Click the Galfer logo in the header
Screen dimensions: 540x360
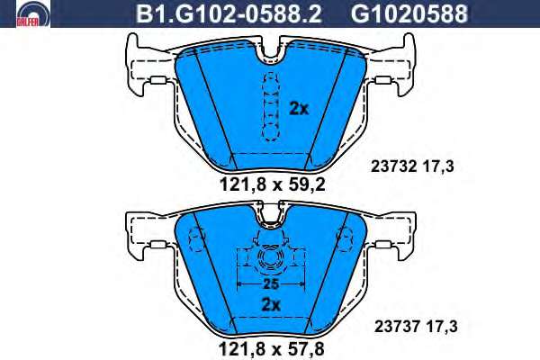pyautogui.click(x=33, y=13)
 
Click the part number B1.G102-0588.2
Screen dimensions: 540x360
pyautogui.click(x=229, y=13)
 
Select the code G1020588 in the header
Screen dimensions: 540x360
pyautogui.click(x=409, y=13)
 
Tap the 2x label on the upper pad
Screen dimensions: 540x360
pyautogui.click(x=299, y=109)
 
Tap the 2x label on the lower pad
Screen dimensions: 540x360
pyautogui.click(x=272, y=305)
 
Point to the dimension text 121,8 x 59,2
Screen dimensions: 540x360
pyautogui.click(x=272, y=185)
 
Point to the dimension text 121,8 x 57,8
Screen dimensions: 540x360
pyautogui.click(x=272, y=348)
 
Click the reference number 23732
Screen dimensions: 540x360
pyautogui.click(x=395, y=166)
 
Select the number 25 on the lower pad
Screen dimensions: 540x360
pyautogui.click(x=271, y=284)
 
